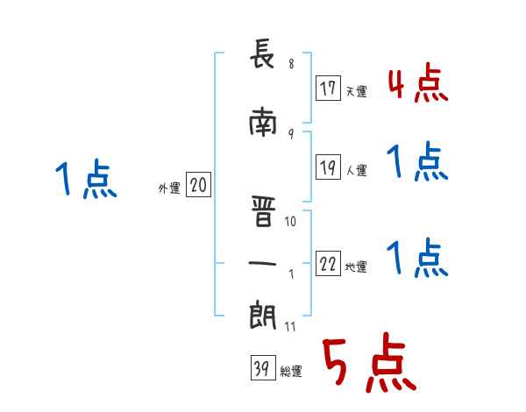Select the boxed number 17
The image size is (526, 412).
pyautogui.click(x=329, y=89)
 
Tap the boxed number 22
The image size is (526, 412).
pyautogui.click(x=329, y=265)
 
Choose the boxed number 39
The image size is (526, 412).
pyautogui.click(x=262, y=370)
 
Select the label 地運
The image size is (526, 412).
pyautogui.click(x=356, y=267)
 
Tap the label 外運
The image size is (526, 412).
pyautogui.click(x=169, y=188)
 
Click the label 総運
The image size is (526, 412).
pyautogui.click(x=291, y=372)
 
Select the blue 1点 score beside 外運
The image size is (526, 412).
pyautogui.click(x=85, y=181)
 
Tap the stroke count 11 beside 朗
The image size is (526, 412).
pyautogui.click(x=291, y=327)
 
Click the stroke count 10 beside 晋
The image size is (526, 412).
pyautogui.click(x=291, y=221)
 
